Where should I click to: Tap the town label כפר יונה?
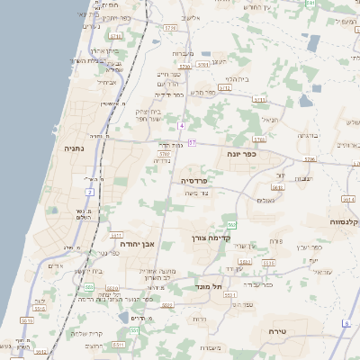[242, 154]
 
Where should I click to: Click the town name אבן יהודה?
[138, 243]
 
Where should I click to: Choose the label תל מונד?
[209, 287]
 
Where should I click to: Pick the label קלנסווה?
[344, 220]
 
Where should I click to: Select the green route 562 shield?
[232, 225]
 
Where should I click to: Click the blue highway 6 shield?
[345, 322]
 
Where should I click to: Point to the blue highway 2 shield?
[90, 192]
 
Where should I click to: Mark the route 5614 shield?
[348, 198]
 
